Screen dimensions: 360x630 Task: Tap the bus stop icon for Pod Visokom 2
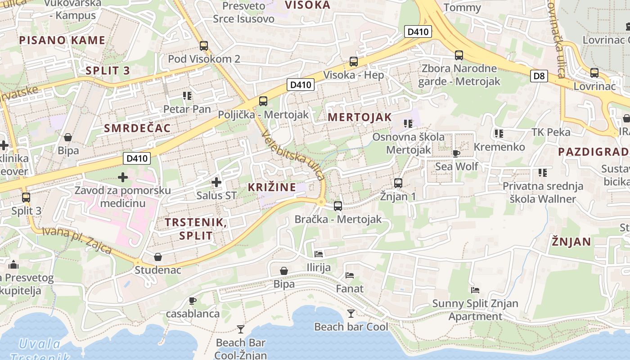204,45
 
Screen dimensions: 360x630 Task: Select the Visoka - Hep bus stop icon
354,62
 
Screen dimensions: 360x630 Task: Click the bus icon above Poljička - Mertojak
263,101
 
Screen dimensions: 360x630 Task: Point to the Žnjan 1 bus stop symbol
398,183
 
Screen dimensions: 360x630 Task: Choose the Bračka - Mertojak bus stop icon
338,206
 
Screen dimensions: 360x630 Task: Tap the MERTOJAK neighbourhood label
360,117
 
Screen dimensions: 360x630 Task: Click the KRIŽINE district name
272,187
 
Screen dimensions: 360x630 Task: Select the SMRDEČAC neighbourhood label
137,128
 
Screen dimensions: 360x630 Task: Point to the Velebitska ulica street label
292,155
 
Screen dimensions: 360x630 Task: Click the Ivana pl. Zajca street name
76,240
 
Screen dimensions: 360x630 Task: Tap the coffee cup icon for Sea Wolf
456,153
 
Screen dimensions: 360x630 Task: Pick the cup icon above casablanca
193,301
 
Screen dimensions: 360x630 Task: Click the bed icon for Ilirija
319,254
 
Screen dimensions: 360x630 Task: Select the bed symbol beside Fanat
350,275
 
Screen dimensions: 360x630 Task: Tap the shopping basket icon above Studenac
158,257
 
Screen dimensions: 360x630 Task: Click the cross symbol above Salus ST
216,182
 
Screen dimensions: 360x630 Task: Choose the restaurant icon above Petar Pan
187,96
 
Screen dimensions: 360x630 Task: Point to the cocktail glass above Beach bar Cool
351,313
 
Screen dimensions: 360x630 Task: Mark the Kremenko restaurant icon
499,134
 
